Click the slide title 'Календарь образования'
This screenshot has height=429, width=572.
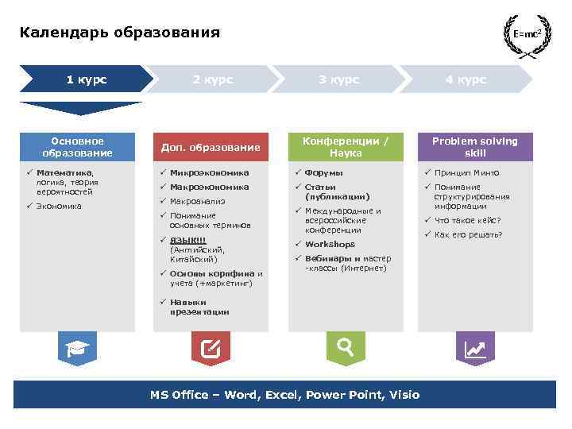[120, 33]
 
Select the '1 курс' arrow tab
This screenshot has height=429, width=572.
[86, 79]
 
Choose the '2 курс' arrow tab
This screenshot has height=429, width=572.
[212, 79]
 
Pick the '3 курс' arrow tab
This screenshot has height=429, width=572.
[338, 79]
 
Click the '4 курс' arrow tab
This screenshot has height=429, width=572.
[466, 79]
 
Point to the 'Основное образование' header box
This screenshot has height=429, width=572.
[78, 147]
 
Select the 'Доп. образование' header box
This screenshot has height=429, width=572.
[211, 147]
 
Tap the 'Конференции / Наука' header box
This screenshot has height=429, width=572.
[346, 147]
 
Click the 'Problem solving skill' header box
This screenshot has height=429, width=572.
[475, 147]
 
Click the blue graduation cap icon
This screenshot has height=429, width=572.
[78, 348]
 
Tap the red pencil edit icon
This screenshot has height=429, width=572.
[211, 348]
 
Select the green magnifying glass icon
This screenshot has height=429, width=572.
[346, 347]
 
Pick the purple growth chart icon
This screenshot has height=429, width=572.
[475, 348]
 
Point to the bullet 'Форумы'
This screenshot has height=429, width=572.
[324, 172]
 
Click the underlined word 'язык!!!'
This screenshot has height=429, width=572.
[187, 240]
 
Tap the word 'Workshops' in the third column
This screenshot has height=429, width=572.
[330, 244]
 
